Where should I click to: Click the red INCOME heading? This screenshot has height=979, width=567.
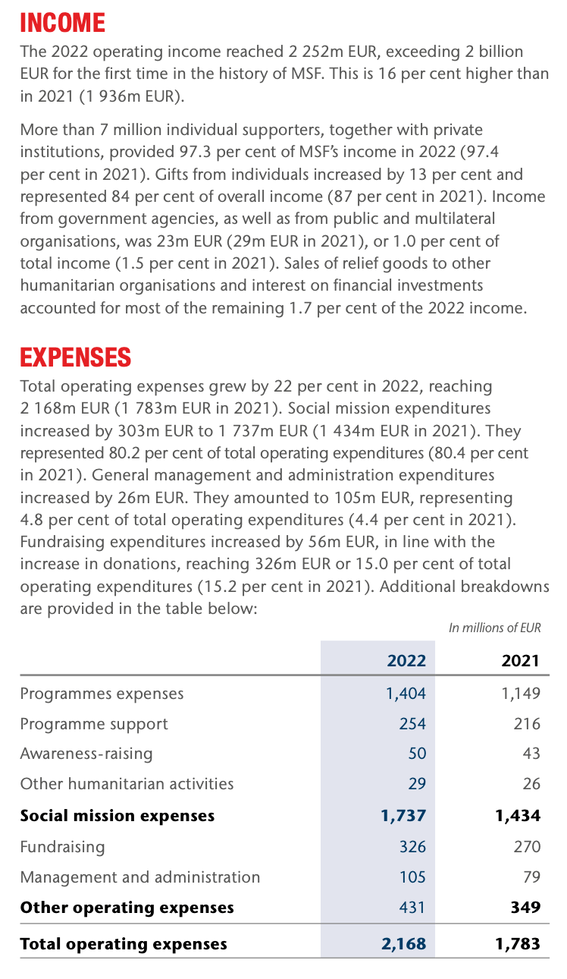(62, 23)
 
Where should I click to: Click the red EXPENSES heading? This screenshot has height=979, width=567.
(76, 357)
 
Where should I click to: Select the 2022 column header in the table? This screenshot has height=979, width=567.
(406, 660)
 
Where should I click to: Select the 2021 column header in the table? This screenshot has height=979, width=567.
(521, 660)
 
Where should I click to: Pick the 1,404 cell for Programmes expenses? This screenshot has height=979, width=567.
(406, 694)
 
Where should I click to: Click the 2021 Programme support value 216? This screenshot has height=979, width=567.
(527, 724)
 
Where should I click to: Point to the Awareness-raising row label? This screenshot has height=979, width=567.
(86, 754)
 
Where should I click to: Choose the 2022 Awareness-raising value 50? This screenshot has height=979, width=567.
(417, 754)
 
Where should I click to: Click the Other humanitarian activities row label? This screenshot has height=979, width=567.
(127, 784)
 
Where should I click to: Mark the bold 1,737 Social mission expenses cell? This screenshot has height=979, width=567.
(403, 816)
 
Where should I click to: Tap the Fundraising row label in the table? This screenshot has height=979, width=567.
(62, 847)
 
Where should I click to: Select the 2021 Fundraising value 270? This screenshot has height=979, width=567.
(527, 847)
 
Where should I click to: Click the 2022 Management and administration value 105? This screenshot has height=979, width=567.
(412, 877)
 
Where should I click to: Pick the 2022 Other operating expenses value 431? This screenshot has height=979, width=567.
(412, 908)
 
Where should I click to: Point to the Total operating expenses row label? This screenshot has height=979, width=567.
(124, 944)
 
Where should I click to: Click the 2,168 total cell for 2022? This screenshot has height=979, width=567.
(404, 944)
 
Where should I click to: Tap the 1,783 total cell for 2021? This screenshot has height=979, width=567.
(518, 944)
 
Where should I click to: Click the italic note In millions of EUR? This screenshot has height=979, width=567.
(494, 628)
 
